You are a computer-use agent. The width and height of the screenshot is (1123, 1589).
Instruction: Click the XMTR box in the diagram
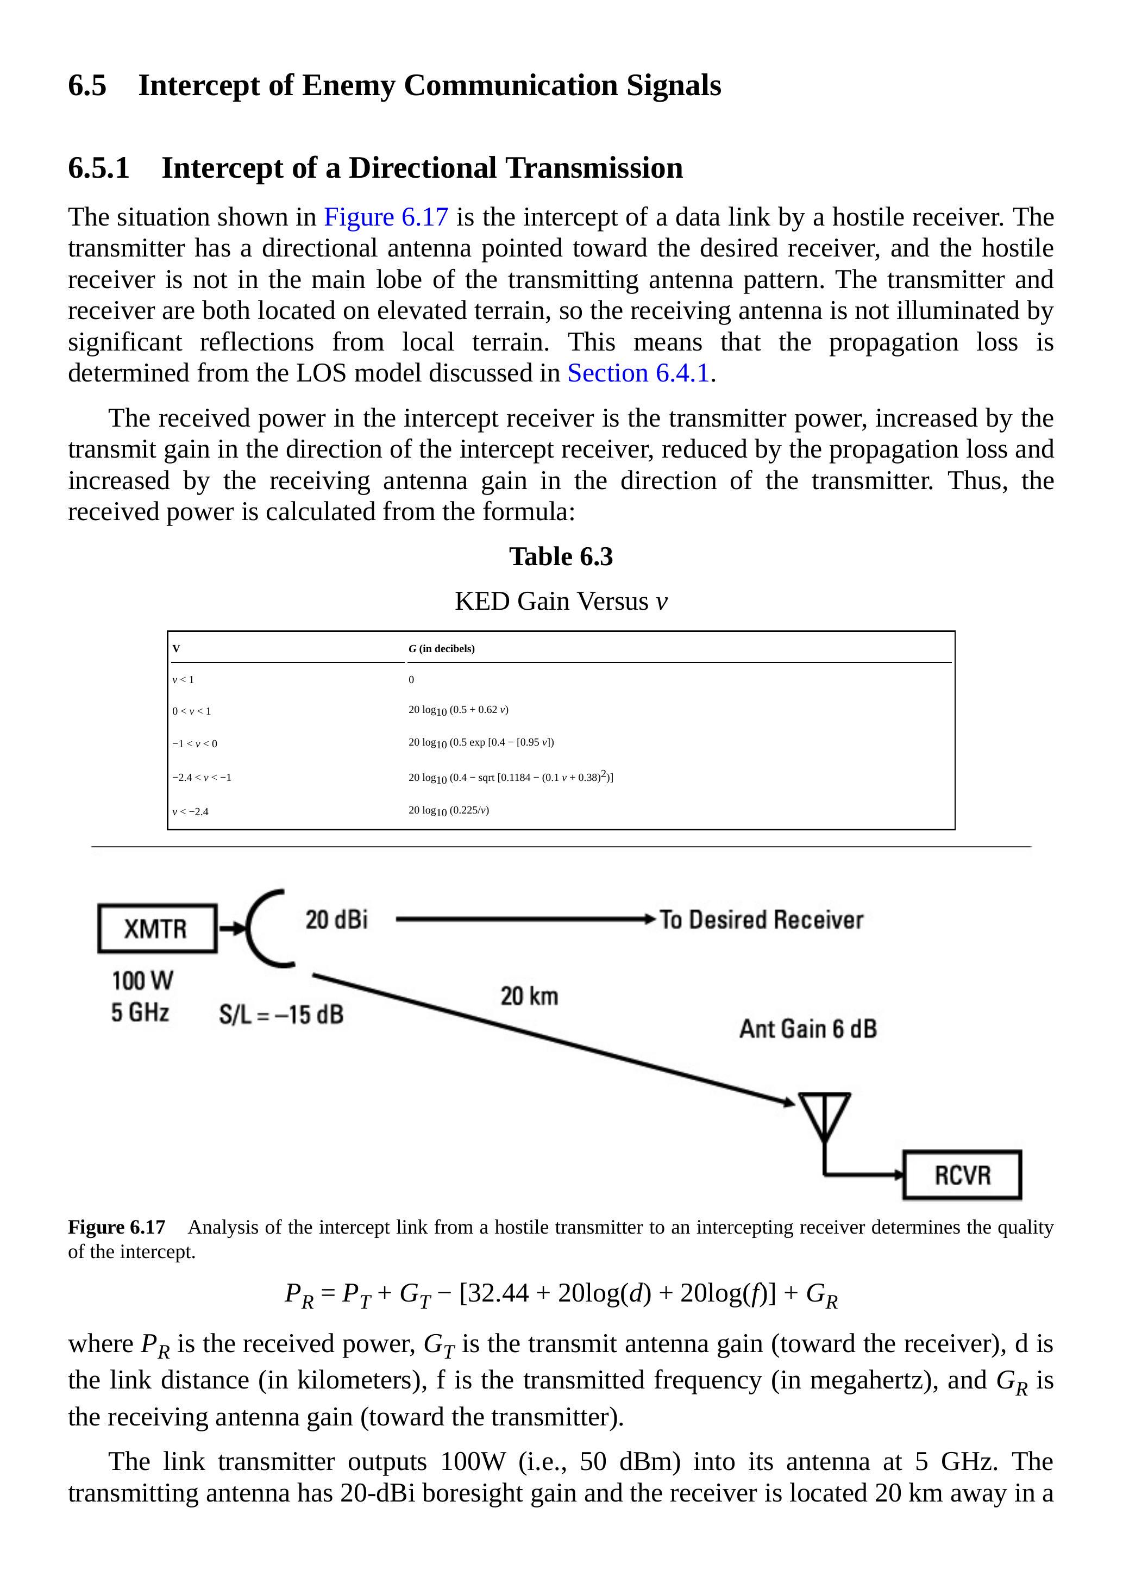tap(157, 928)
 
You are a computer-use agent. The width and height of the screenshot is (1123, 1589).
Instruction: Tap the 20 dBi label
tap(336, 920)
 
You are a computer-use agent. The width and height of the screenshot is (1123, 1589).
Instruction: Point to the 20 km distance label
tap(529, 996)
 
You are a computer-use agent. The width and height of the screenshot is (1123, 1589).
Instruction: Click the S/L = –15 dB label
tap(281, 1015)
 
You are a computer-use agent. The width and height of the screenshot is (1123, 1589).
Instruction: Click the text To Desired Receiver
tap(761, 920)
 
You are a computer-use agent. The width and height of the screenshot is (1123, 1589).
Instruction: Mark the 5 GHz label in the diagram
tap(141, 1012)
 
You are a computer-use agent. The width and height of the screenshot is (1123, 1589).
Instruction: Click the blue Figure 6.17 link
tap(386, 217)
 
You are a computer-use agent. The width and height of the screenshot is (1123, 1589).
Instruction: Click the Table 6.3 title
tap(561, 556)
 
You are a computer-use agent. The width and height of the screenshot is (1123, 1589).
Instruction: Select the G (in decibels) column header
tap(442, 648)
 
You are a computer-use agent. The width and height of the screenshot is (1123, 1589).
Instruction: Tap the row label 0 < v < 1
tap(192, 711)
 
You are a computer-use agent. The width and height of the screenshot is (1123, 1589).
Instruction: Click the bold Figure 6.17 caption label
tap(116, 1227)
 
